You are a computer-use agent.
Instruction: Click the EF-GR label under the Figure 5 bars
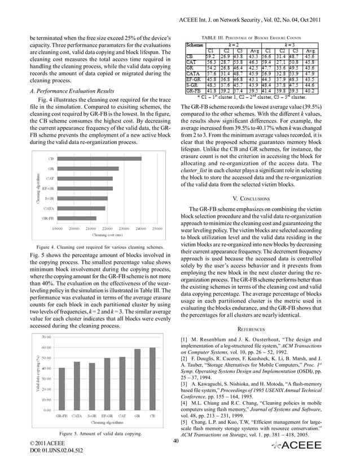107,416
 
